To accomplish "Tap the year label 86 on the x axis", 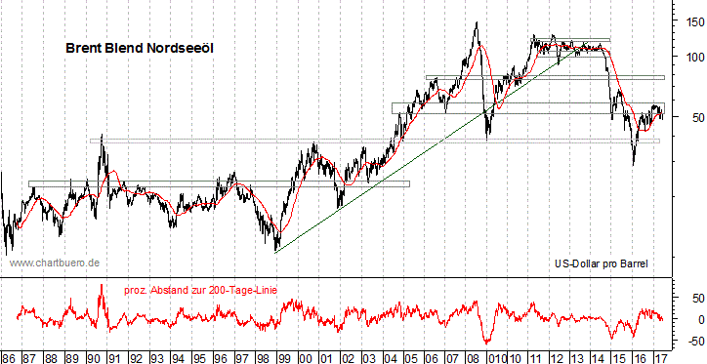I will point(9,356).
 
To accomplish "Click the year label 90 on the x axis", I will point(95,356).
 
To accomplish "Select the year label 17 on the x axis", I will point(661,356).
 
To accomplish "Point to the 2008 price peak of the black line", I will point(476,22).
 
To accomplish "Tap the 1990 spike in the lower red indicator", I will point(101,285).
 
